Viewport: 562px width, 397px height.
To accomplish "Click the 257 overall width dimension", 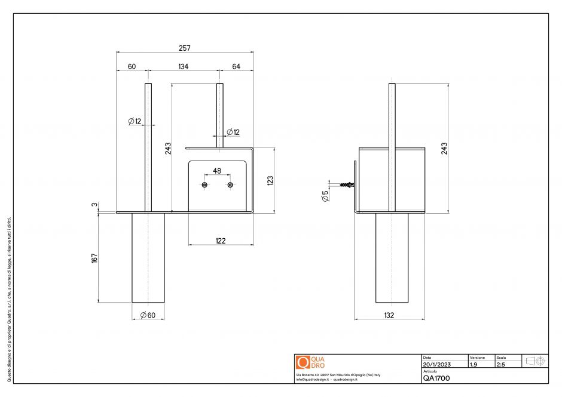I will [x=184, y=48].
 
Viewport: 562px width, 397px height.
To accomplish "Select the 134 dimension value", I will [x=184, y=67].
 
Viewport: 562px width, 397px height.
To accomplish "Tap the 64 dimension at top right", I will [x=236, y=67].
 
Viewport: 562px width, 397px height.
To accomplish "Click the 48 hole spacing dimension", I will [x=217, y=171].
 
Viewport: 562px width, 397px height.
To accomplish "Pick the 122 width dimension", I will [x=221, y=241].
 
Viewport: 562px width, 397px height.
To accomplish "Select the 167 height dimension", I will [x=94, y=258].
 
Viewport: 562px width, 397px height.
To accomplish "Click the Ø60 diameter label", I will [x=147, y=315].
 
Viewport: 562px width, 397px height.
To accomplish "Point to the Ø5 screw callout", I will [x=325, y=195].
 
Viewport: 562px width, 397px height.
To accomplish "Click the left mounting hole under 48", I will [x=204, y=186].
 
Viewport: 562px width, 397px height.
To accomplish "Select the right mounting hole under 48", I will [x=230, y=186].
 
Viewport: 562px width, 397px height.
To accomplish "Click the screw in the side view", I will [x=347, y=185].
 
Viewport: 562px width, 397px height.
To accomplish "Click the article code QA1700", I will [x=436, y=378].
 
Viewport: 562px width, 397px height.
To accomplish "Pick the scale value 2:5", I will [x=501, y=364].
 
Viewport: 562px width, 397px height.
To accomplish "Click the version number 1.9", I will [x=474, y=364].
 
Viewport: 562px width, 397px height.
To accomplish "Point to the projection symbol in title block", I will [x=534, y=361].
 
